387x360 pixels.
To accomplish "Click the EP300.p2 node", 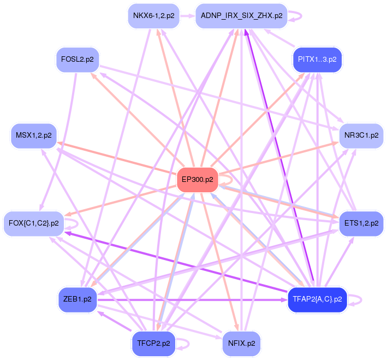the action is tap(197, 180).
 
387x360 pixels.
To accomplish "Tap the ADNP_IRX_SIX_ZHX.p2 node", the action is tap(241, 16).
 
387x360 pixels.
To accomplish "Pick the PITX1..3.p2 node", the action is tap(317, 59).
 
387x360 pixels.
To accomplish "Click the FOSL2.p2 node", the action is tap(77, 60).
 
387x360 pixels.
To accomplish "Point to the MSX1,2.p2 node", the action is tap(34, 135).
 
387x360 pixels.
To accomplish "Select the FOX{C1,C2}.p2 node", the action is tap(34, 223).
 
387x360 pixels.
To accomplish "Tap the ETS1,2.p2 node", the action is tap(361, 223).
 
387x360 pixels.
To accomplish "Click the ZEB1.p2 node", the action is tap(77, 299).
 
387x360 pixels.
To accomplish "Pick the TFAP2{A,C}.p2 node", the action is tap(317, 299).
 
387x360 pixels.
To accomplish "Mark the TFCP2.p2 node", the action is tap(153, 344).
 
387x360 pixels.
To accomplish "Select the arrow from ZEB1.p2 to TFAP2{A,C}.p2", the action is tap(191, 299).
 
